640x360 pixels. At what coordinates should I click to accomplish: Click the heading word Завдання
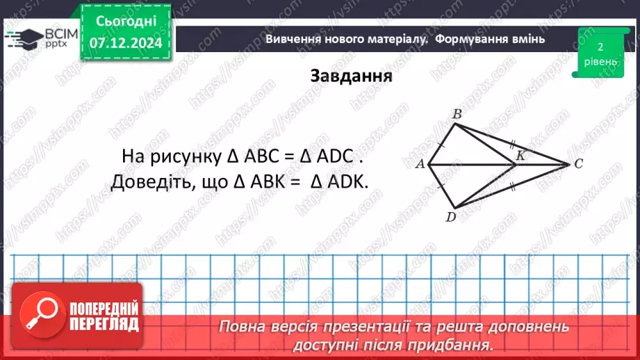[x=351, y=75]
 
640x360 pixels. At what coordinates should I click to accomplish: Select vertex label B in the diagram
[x=457, y=113]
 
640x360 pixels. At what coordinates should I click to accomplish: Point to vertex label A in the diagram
[x=419, y=165]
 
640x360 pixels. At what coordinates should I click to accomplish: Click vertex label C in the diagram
[x=578, y=165]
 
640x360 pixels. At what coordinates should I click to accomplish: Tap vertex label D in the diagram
[x=450, y=218]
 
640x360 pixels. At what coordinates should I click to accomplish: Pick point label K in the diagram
[x=519, y=158]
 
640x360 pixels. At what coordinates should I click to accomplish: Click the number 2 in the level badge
[x=600, y=47]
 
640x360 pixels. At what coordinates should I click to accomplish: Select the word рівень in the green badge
[x=600, y=61]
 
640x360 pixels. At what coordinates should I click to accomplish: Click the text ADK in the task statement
[x=345, y=182]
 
